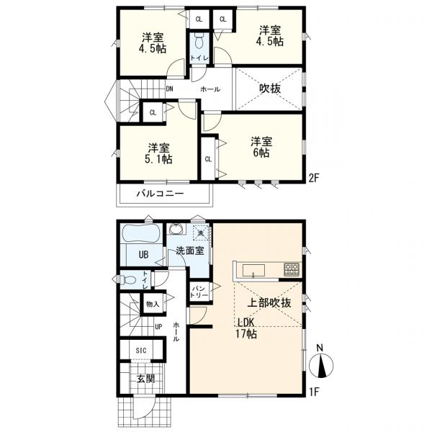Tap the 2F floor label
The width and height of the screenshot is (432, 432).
(313, 179)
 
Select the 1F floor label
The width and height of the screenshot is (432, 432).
(313, 392)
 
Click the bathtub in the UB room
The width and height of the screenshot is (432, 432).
(142, 234)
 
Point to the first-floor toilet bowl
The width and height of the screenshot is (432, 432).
(129, 280)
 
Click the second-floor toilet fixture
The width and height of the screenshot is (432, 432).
(199, 42)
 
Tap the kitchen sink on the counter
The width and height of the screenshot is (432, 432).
(253, 270)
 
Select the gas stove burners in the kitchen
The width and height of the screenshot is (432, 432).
(292, 270)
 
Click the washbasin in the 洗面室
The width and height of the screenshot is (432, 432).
(176, 228)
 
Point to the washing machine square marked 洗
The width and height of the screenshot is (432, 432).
(202, 233)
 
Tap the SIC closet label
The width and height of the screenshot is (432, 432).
(141, 351)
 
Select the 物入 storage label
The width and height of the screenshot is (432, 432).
(153, 304)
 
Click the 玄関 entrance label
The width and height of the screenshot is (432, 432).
(145, 379)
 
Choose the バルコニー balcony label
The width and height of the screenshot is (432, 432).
(160, 194)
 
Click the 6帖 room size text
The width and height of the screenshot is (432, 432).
(261, 153)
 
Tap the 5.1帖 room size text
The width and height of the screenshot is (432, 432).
(158, 159)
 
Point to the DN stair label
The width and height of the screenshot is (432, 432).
(169, 89)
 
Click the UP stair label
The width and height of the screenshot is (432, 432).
(158, 327)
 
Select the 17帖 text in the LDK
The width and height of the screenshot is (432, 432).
(246, 334)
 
